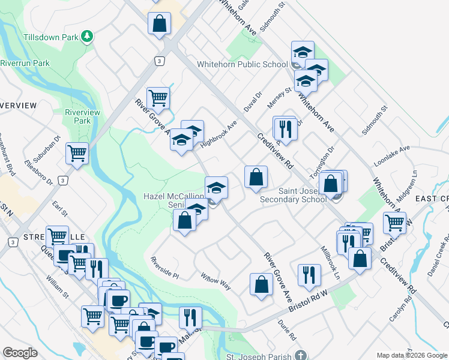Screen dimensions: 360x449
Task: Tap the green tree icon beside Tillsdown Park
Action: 88,37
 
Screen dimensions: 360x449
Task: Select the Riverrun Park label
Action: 25,63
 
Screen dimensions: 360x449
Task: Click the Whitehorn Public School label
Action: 243,64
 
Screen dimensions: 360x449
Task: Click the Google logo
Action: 20,353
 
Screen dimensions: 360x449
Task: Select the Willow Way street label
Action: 215,281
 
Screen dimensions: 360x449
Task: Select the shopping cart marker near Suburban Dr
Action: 77,153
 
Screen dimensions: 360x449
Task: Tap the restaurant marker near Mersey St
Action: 285,128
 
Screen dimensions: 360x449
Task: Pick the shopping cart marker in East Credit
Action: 394,223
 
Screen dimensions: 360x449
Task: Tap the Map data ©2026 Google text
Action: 412,355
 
